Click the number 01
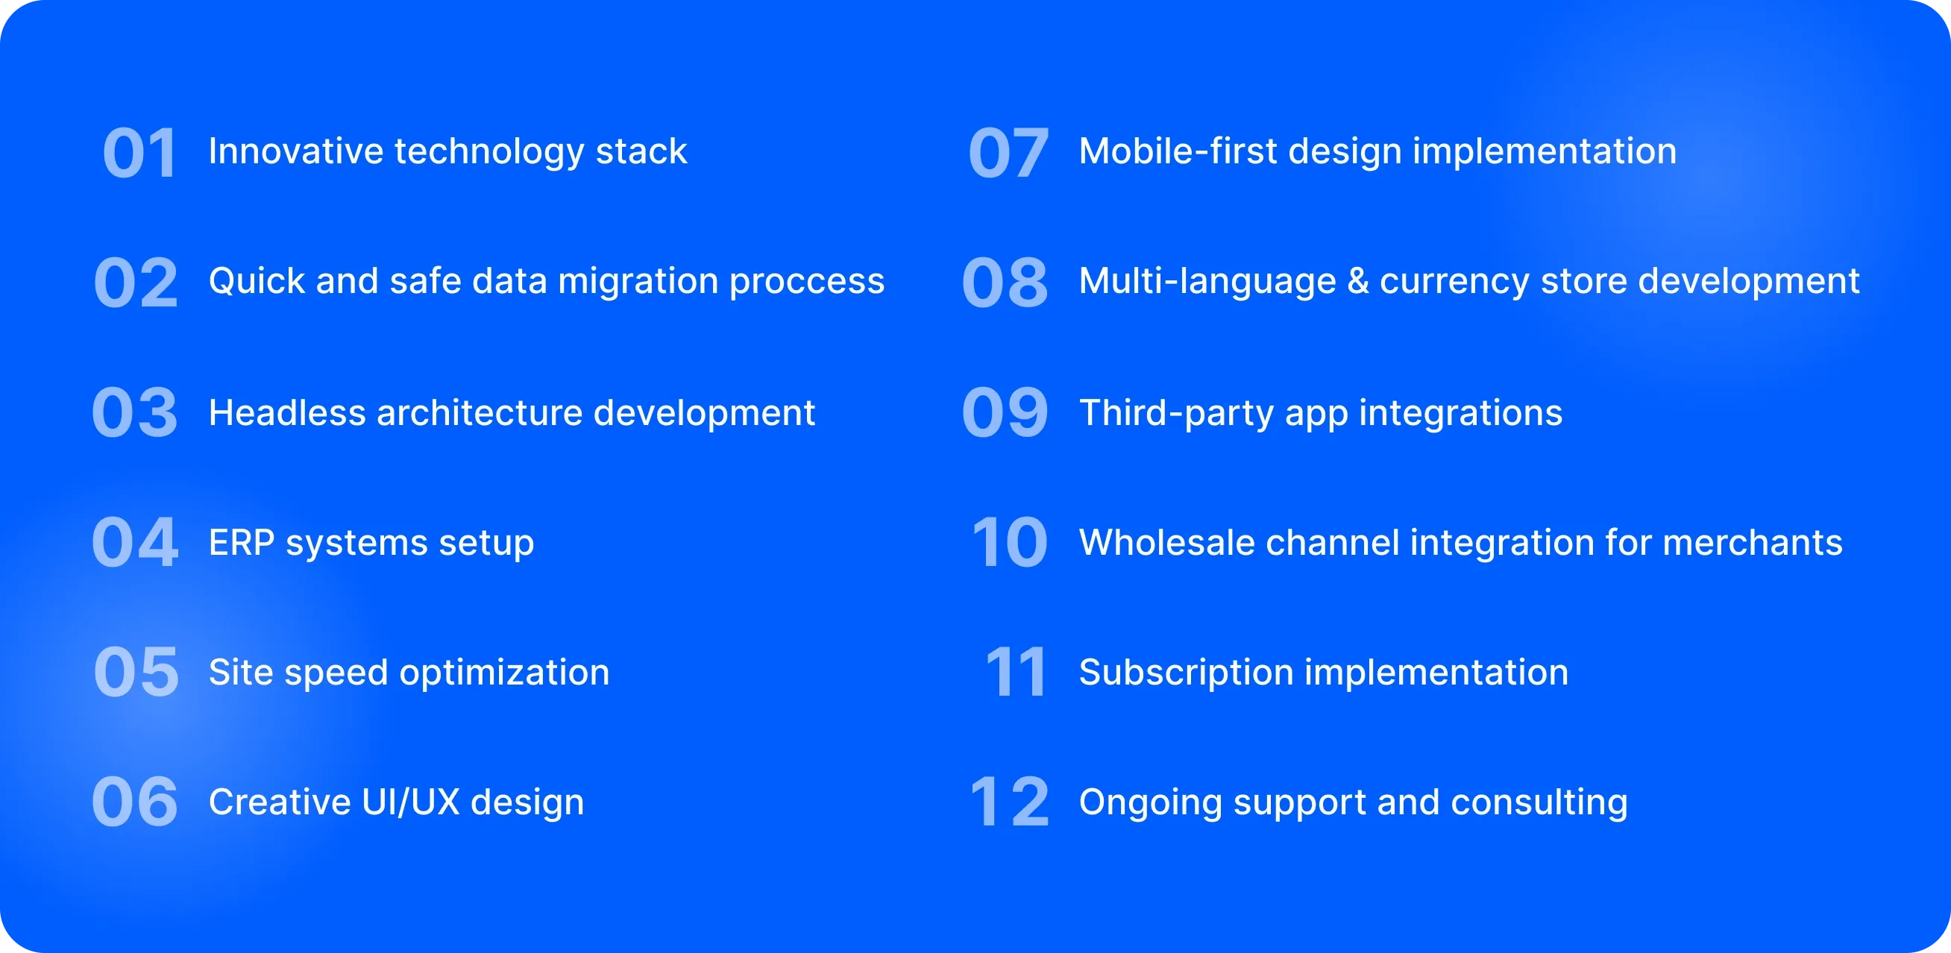click(x=140, y=153)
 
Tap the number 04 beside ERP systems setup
click(x=136, y=542)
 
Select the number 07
click(x=1009, y=153)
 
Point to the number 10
click(x=1011, y=542)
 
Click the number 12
click(x=1010, y=802)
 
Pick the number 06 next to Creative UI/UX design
click(x=135, y=802)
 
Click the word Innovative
click(x=296, y=151)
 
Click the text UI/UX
click(x=410, y=802)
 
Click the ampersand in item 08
click(x=1358, y=281)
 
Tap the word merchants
click(x=1753, y=542)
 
